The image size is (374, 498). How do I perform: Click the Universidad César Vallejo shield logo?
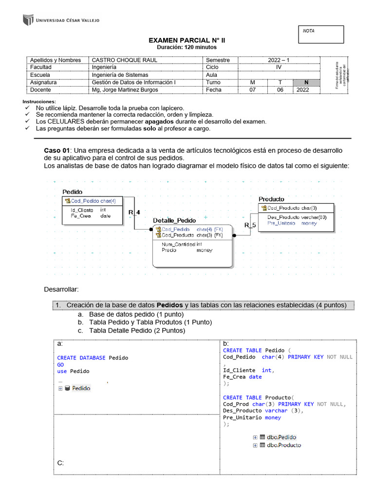(27, 20)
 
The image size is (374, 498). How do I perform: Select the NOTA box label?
(309, 31)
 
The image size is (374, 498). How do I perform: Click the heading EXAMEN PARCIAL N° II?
(187, 41)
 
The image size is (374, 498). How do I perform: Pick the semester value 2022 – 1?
(279, 60)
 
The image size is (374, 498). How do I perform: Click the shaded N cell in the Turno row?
(306, 83)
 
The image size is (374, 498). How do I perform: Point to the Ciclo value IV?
(279, 67)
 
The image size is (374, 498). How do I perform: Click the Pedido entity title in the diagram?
(73, 192)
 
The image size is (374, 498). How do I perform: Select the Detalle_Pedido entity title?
(174, 220)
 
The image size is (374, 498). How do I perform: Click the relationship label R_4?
(134, 213)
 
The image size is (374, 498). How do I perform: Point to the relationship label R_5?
(250, 225)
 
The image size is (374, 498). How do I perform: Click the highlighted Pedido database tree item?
(81, 388)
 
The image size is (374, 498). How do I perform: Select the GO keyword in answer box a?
(60, 364)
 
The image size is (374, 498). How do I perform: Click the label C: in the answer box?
(60, 462)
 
